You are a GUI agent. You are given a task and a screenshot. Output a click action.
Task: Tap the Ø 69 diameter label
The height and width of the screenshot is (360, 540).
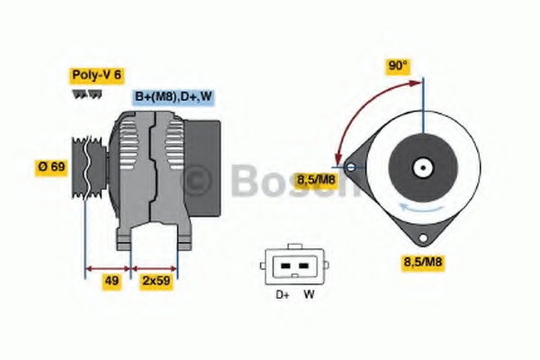[x=50, y=167]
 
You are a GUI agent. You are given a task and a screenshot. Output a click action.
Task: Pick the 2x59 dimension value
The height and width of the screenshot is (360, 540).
[x=155, y=281]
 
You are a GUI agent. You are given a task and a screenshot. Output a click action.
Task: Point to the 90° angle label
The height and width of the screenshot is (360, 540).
[x=397, y=66]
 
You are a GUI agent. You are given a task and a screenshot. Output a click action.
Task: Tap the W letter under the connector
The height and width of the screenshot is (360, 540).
[x=308, y=294]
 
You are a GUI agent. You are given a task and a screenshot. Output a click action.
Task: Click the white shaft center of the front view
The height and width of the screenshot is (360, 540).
[x=419, y=166]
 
